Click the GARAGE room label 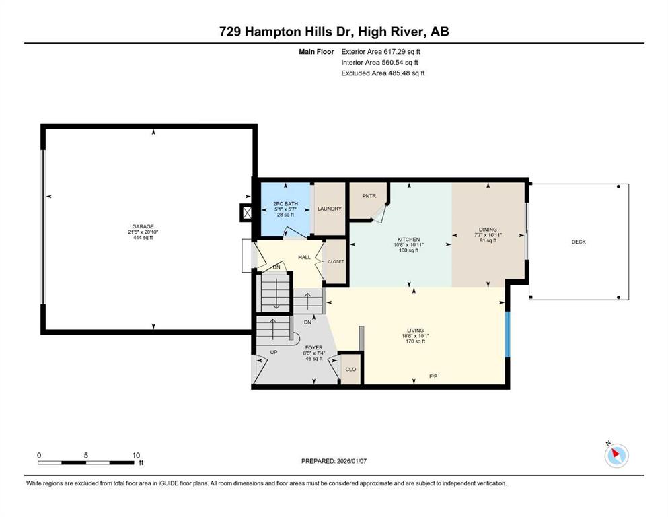pyautogui.click(x=143, y=226)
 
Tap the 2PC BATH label pyautogui.click(x=285, y=204)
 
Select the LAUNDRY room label pyautogui.click(x=330, y=209)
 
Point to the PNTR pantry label pyautogui.click(x=369, y=196)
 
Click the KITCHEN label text pyautogui.click(x=408, y=240)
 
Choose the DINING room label pyautogui.click(x=488, y=230)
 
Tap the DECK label pyautogui.click(x=579, y=242)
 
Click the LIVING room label pyautogui.click(x=415, y=330)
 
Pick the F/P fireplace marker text pyautogui.click(x=433, y=376)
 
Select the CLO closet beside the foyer pyautogui.click(x=350, y=369)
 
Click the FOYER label pyautogui.click(x=314, y=347)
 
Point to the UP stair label pyautogui.click(x=274, y=353)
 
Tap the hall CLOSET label pyautogui.click(x=336, y=261)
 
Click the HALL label pyautogui.click(x=304, y=257)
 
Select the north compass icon pyautogui.click(x=616, y=455)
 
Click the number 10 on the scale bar pyautogui.click(x=136, y=455)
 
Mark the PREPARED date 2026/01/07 pyautogui.click(x=351, y=461)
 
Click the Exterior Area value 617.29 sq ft pyautogui.click(x=402, y=52)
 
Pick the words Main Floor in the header pyautogui.click(x=316, y=52)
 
